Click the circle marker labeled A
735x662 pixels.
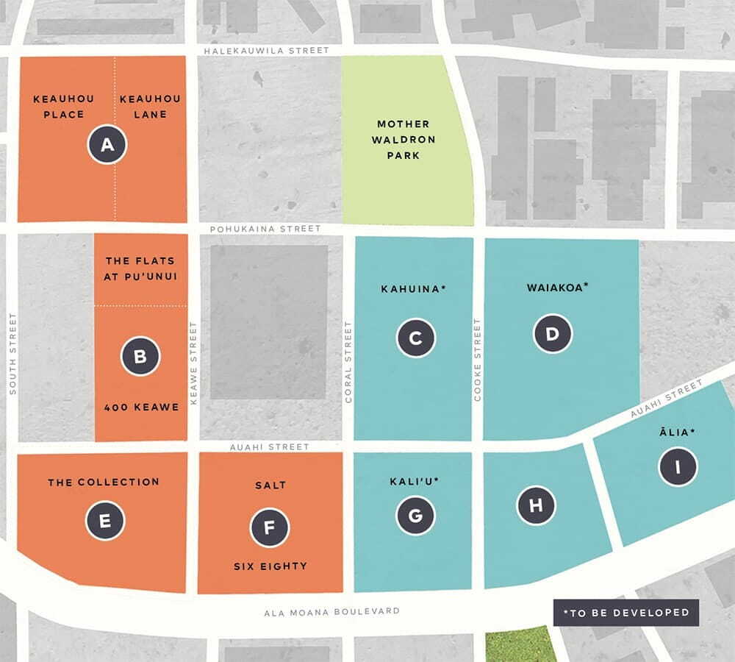(x=107, y=145)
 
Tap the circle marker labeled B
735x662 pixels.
(x=140, y=357)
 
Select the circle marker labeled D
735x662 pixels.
(x=553, y=335)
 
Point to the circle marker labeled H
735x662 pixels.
(x=536, y=505)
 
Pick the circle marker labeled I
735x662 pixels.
(x=678, y=466)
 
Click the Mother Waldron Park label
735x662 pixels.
(x=403, y=140)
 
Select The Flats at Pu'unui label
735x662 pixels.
(x=140, y=268)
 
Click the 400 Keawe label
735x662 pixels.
(x=142, y=407)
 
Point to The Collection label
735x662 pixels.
(x=104, y=483)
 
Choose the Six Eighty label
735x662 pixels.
(x=270, y=566)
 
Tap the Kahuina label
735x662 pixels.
(x=413, y=289)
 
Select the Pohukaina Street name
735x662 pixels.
(x=265, y=229)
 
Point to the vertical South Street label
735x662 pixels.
(x=12, y=354)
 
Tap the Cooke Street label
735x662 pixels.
(x=478, y=360)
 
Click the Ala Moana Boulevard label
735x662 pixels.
(x=332, y=611)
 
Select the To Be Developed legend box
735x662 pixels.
(x=625, y=612)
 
